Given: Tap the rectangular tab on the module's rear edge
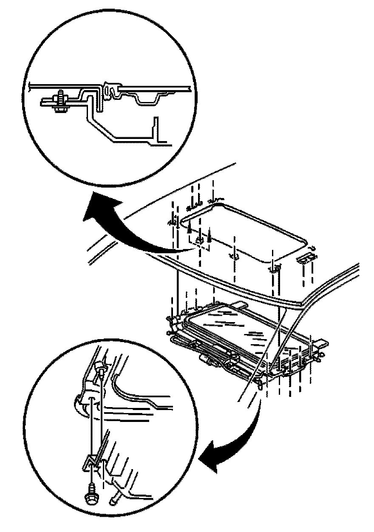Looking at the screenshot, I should (x=241, y=305).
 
